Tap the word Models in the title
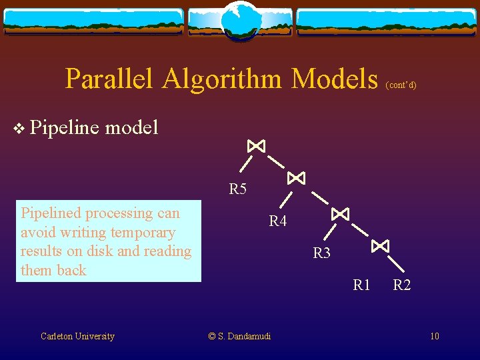tap(335, 79)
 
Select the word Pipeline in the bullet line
tap(63, 126)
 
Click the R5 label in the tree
tap(237, 189)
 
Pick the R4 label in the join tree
tap(278, 221)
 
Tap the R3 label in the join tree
tap(322, 253)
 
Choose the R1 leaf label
tap(361, 285)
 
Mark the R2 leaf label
tap(401, 285)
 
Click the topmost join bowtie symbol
tap(256, 145)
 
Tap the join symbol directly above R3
tap(340, 213)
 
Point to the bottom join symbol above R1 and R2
tap(380, 246)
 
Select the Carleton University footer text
tap(77, 336)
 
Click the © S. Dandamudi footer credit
tap(239, 336)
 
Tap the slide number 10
tap(434, 336)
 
